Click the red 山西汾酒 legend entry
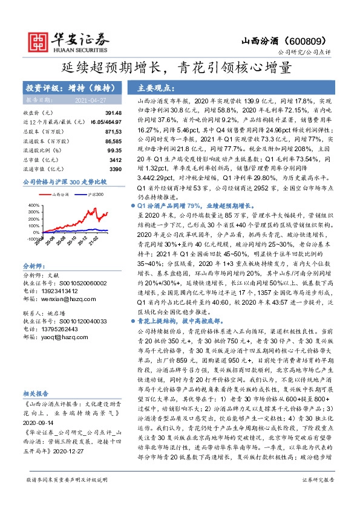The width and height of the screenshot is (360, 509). [58, 194]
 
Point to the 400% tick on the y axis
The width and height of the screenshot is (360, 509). [33, 205]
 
